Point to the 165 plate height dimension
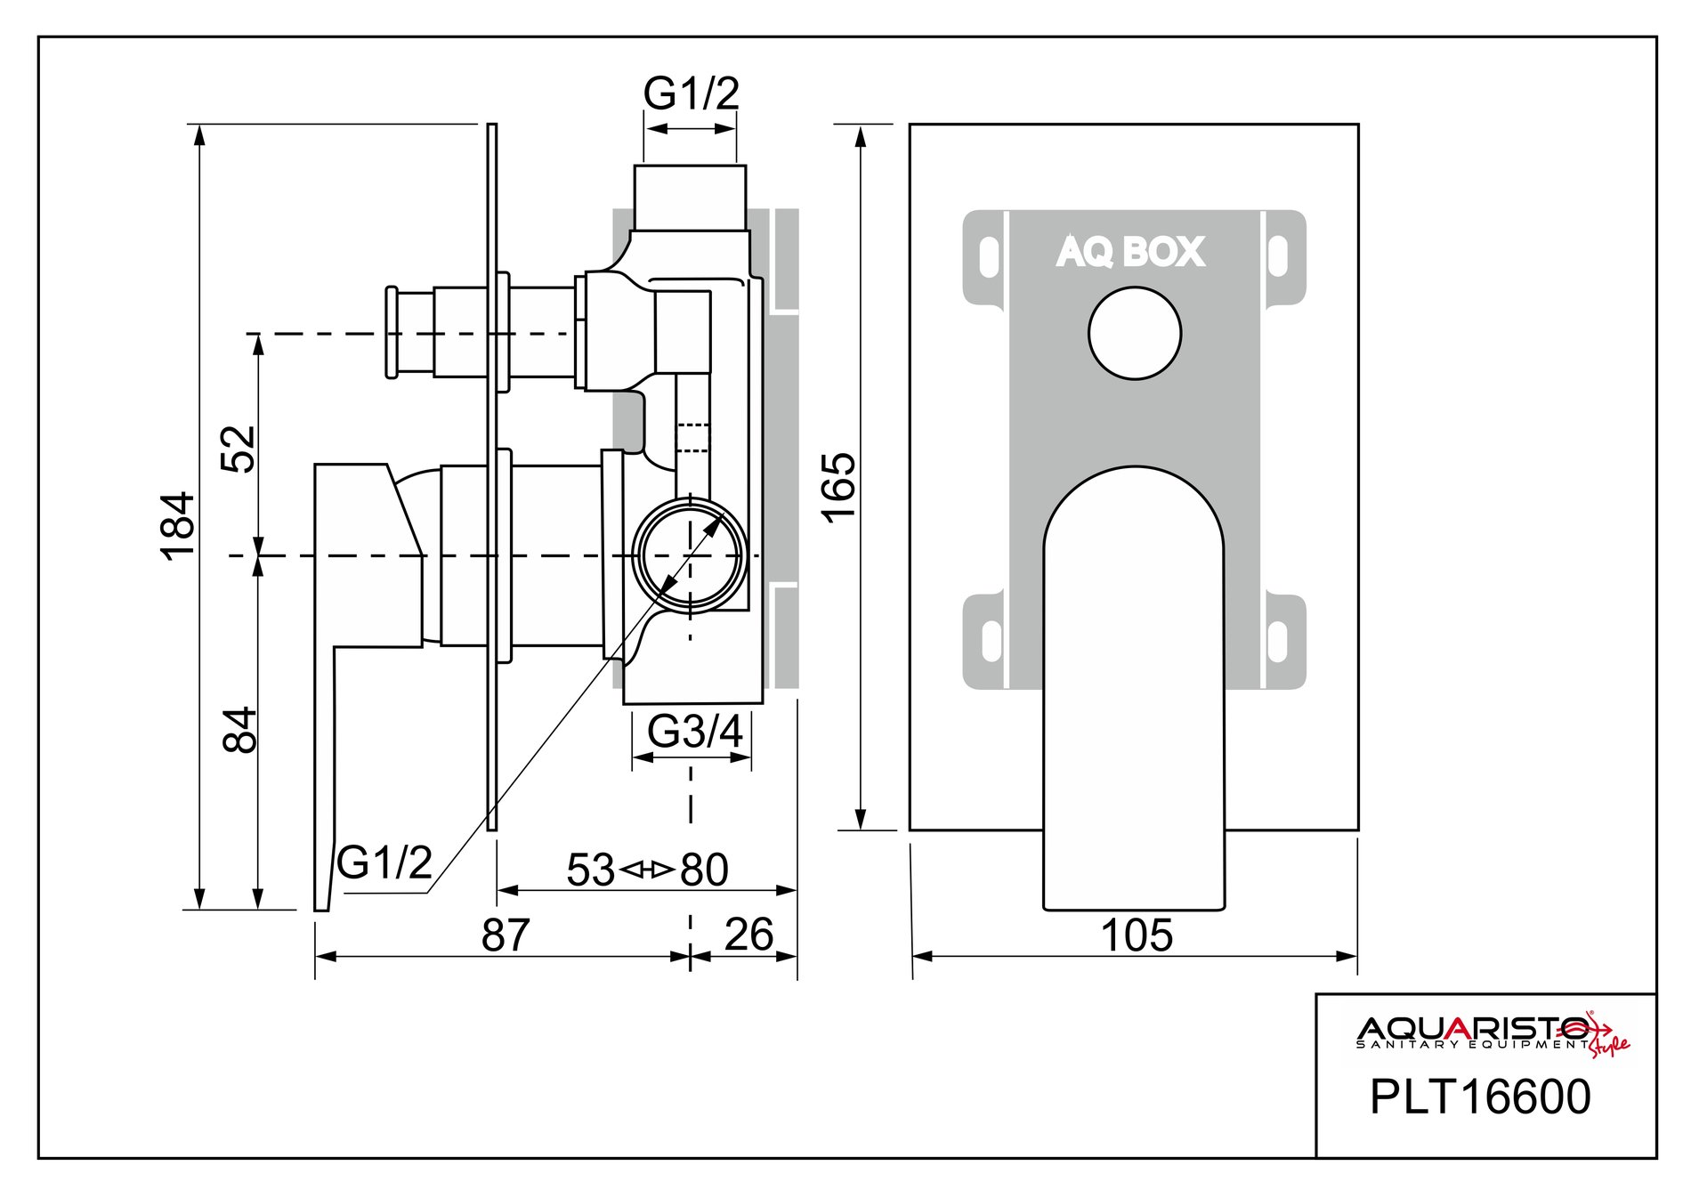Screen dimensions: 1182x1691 pos(839,487)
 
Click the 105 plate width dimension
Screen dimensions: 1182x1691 pos(1137,935)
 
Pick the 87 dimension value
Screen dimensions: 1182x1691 pos(505,935)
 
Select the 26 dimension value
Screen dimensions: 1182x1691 pos(748,935)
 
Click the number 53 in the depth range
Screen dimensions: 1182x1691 pos(590,870)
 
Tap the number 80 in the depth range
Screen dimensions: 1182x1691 pos(704,870)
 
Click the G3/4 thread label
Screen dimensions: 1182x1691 pos(694,732)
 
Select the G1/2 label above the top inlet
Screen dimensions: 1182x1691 pos(692,93)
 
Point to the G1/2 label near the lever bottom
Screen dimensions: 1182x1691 pos(384,862)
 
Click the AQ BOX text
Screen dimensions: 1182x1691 pos(1131,252)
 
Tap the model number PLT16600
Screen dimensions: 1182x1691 pos(1479,1097)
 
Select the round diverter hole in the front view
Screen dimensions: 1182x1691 pos(1135,334)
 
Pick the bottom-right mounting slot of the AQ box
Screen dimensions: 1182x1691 pos(1278,641)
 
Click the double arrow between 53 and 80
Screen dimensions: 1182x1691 pos(646,870)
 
